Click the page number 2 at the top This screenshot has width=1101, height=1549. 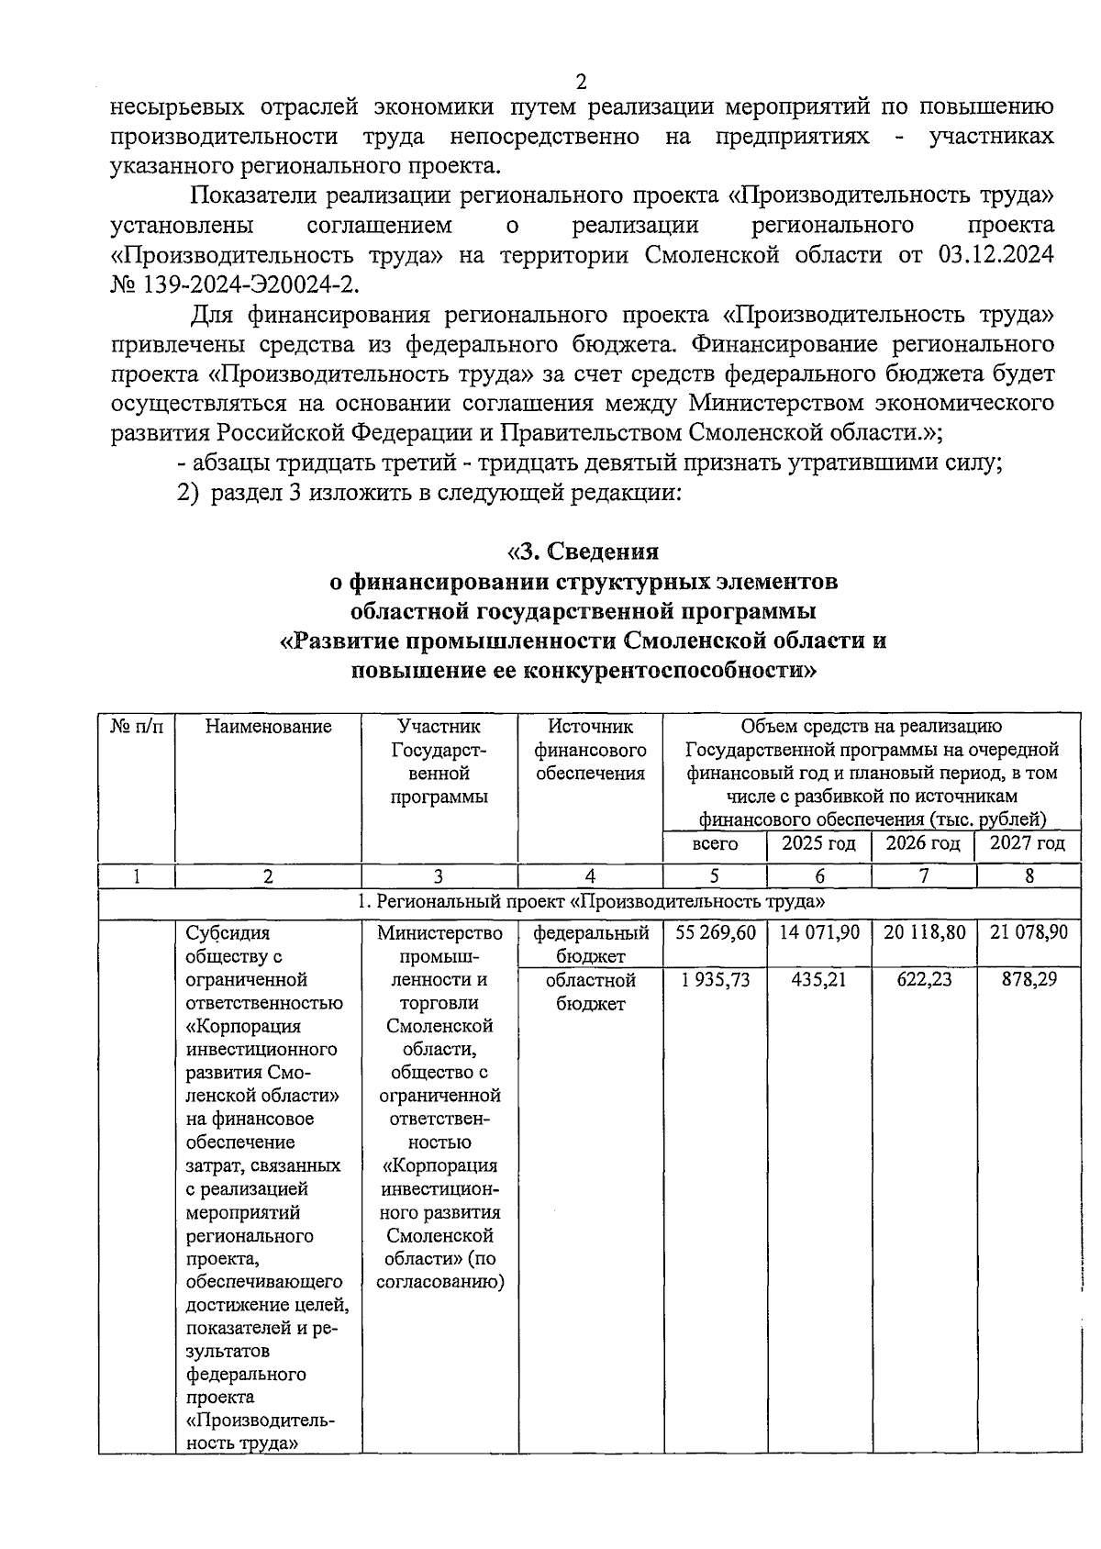580,82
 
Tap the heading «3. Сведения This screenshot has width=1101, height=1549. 584,552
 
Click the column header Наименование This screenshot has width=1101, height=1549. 268,727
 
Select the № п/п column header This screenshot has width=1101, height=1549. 137,727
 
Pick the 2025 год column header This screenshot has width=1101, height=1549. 818,843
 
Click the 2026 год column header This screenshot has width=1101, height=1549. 923,843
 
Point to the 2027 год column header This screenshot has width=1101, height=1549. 1028,843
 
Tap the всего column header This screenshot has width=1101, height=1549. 715,843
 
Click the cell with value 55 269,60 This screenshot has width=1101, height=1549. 716,932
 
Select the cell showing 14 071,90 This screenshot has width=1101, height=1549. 819,932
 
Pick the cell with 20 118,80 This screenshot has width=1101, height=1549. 924,932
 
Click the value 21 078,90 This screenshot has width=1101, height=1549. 1029,932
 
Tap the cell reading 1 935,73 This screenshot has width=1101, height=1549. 716,980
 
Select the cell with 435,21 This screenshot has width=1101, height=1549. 819,980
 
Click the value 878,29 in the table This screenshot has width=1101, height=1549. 1029,980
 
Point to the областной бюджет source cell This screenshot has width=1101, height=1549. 590,992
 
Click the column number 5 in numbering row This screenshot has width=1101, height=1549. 715,875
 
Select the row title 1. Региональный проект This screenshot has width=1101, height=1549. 590,902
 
